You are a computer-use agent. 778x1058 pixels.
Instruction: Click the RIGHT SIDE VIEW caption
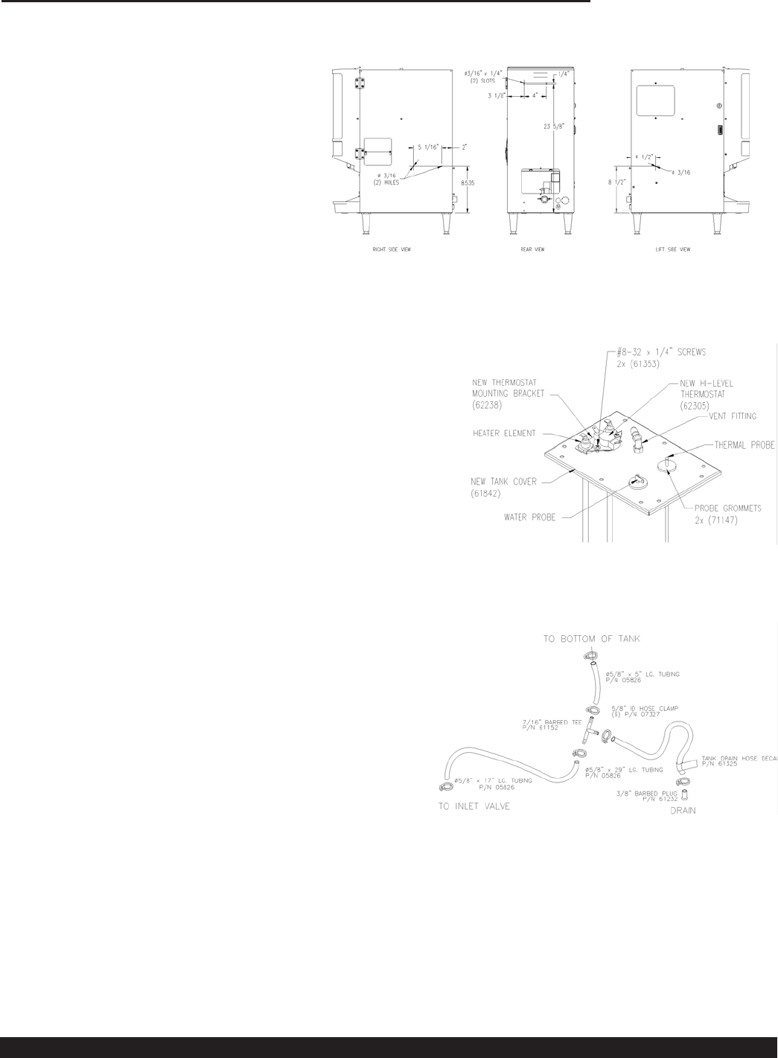[392, 249]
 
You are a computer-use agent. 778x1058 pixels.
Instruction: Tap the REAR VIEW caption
[532, 249]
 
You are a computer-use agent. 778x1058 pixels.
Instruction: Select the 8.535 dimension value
[468, 182]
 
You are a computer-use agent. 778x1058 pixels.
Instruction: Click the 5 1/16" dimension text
[429, 147]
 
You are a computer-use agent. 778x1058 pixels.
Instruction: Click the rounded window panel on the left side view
[655, 101]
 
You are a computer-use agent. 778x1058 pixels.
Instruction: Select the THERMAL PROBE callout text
[744, 445]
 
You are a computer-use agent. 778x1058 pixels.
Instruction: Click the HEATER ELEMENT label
[503, 433]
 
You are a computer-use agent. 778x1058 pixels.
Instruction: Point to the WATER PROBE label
[529, 517]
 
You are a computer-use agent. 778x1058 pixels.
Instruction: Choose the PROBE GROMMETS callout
[728, 509]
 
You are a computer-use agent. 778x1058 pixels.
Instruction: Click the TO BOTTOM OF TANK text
[591, 639]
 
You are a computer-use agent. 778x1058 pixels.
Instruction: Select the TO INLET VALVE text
[474, 806]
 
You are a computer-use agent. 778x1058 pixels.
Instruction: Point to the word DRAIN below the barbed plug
[683, 811]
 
